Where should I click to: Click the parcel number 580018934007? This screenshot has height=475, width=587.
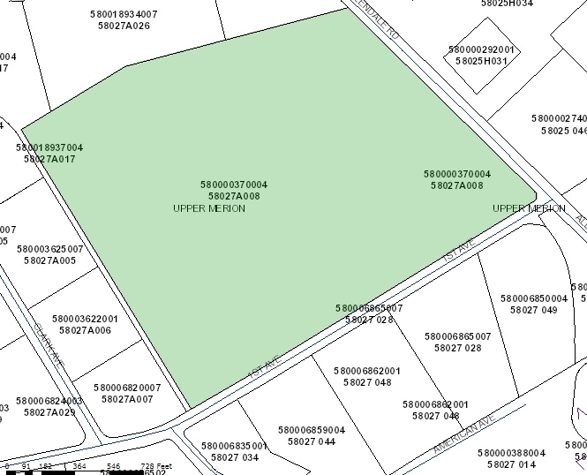pos(124,14)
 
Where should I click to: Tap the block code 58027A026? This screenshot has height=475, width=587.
pos(124,26)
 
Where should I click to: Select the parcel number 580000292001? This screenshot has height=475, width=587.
pos(481,50)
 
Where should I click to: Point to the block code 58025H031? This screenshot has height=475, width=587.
pos(481,62)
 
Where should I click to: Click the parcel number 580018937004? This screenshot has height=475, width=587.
pos(49,147)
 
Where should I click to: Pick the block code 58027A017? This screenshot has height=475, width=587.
pos(49,159)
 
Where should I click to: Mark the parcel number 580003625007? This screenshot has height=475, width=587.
pos(49,249)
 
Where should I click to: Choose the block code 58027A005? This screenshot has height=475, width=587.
pos(49,260)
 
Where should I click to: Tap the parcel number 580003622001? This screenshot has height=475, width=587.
pos(85,319)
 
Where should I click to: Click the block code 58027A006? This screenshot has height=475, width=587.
pos(85,330)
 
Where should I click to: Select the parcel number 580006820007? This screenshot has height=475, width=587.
pos(127,388)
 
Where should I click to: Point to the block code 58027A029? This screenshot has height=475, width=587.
pos(49,412)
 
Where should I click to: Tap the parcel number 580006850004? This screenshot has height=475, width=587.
pos(533,298)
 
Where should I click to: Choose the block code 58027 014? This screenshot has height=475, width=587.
pos(511,464)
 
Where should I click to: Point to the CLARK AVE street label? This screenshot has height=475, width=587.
pos(49,344)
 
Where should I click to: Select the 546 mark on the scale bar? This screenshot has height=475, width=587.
pos(113,465)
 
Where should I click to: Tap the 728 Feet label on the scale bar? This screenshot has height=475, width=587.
pos(156,465)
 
